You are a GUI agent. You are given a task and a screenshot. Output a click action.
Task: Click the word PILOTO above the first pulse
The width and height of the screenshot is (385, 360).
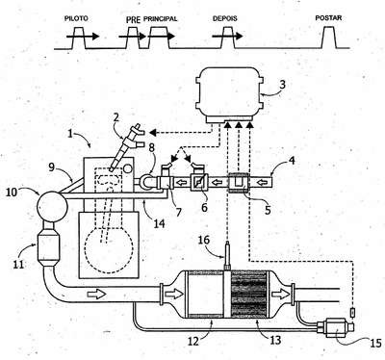point(76,18)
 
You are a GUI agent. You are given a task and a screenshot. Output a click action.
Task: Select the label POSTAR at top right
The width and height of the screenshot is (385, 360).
point(328,18)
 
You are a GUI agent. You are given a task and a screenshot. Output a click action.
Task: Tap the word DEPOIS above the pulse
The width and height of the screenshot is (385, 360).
point(225,18)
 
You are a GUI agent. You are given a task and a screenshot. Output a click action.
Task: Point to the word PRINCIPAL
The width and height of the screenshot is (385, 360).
point(160,19)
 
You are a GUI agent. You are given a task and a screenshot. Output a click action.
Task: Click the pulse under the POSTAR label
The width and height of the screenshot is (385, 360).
point(329,38)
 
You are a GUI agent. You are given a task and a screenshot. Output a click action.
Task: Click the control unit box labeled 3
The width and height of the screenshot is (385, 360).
point(230,94)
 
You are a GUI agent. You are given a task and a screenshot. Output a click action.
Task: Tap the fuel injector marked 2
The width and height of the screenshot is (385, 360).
point(128,147)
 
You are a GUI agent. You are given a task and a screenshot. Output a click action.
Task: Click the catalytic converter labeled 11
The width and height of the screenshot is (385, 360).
point(48,246)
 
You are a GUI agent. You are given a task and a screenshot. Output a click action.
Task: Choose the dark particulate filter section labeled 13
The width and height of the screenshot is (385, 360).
point(249,294)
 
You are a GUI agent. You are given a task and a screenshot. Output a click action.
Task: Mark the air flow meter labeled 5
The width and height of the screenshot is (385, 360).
point(239,183)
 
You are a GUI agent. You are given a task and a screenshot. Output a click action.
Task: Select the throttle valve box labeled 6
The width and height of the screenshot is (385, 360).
point(199,183)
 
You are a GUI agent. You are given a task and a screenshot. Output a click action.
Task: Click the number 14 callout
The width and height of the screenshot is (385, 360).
point(159,222)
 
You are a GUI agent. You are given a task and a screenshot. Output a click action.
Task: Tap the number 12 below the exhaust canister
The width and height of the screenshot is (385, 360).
point(192,341)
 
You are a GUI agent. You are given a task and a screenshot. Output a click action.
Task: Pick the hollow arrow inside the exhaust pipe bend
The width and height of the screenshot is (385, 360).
point(96,294)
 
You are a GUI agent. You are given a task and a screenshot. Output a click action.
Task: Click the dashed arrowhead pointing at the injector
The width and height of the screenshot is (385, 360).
point(153,132)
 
